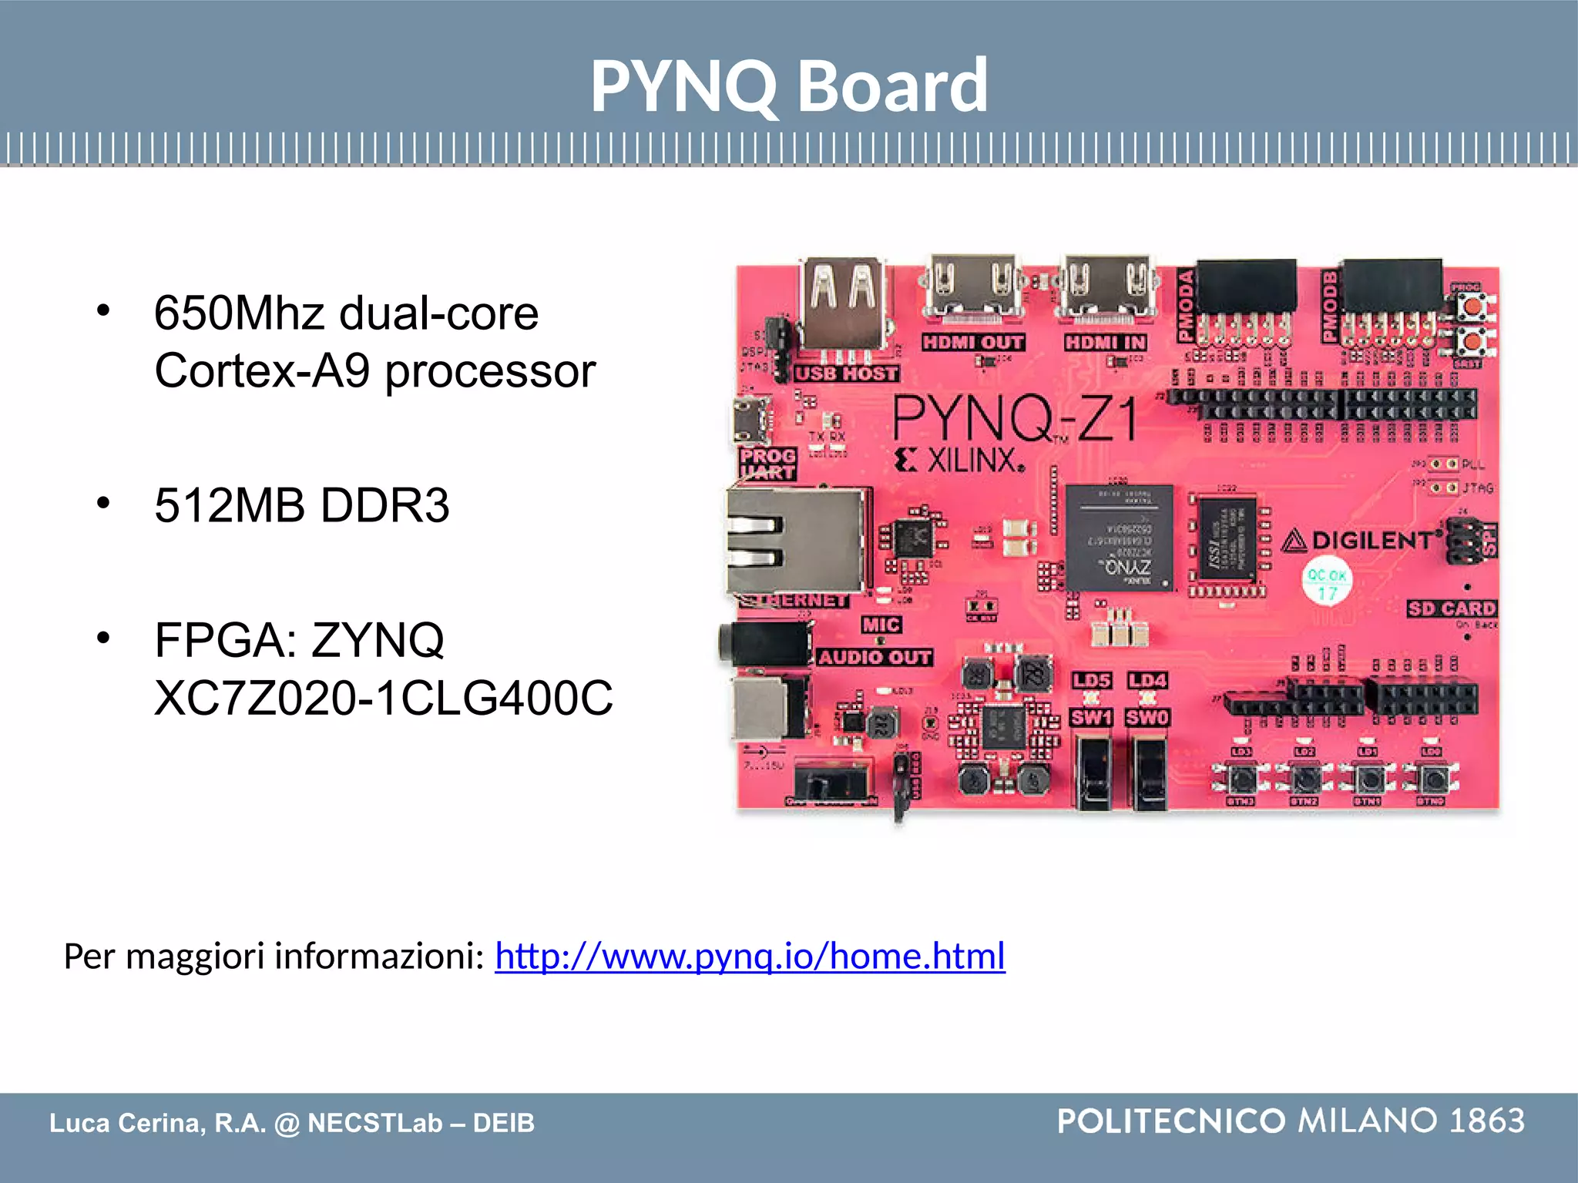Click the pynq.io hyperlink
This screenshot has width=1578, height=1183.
pos(750,956)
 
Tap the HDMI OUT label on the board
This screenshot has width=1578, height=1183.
pos(973,343)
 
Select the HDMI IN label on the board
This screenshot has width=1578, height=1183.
pos(1106,343)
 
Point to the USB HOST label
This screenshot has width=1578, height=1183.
pos(847,374)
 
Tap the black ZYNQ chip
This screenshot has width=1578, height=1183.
pos(1120,538)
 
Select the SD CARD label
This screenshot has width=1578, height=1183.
pos(1452,609)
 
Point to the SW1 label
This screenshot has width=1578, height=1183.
pos(1091,718)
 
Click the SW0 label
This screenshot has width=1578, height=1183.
pos(1147,718)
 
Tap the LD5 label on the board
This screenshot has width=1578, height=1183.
pos(1092,681)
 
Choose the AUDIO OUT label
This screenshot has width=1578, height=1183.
pos(874,658)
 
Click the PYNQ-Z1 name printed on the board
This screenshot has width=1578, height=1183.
pos(1015,420)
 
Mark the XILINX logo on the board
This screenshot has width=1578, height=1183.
pos(961,461)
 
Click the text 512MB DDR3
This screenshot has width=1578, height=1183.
pos(301,506)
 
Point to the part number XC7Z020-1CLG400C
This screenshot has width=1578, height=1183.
pos(383,699)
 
